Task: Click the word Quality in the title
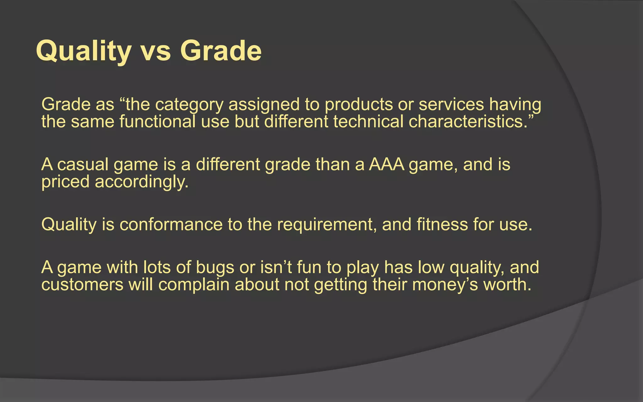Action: pos(84,51)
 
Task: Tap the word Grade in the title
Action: pos(221,51)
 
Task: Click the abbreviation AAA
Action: pos(386,165)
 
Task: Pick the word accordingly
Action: pos(141,182)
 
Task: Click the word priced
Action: pos(65,182)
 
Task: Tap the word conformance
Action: pos(171,225)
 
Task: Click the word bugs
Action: pos(215,268)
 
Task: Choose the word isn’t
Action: pos(276,267)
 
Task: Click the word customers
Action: pos(82,285)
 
